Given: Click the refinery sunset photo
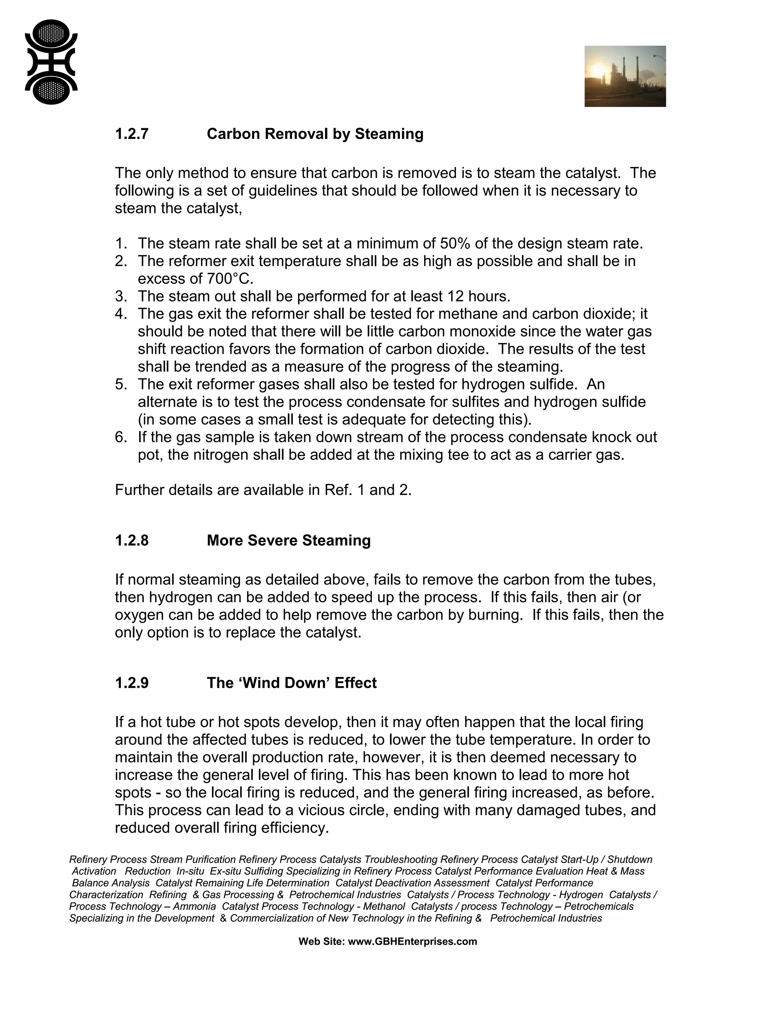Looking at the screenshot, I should [625, 76].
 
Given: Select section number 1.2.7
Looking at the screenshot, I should [132, 134].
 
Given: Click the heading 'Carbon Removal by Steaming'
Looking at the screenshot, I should [315, 134].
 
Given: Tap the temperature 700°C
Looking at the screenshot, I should [228, 279].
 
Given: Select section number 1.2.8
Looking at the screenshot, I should [132, 540].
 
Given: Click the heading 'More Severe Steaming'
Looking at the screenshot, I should [288, 540].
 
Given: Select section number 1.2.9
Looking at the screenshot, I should [132, 683].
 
